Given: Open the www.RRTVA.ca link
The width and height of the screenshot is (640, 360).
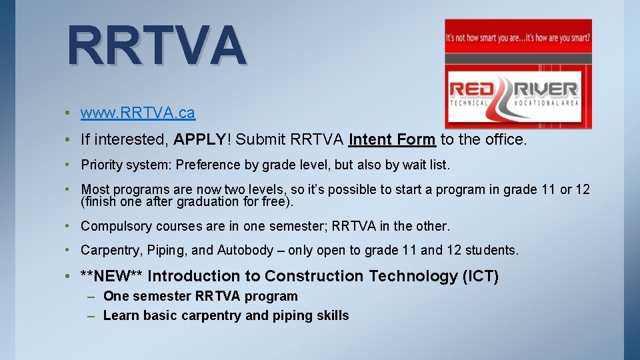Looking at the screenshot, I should pyautogui.click(x=138, y=113).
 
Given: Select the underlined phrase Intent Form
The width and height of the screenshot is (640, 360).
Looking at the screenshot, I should pyautogui.click(x=392, y=139).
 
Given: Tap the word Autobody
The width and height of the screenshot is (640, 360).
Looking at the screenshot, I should pyautogui.click(x=245, y=251).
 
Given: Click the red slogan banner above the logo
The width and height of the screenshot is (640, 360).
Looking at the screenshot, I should pyautogui.click(x=518, y=37).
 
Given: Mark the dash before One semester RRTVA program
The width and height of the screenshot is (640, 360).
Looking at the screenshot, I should pyautogui.click(x=91, y=297).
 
